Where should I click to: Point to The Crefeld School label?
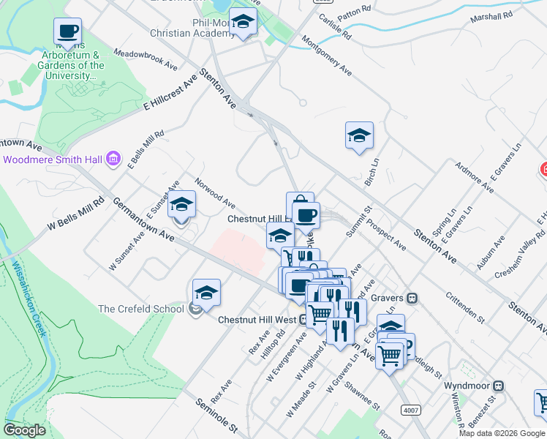point(140,309)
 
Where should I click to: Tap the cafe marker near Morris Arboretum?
point(67,31)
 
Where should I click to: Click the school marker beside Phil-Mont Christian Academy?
point(243,22)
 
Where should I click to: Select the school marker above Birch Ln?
point(359,135)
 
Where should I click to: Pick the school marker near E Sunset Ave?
point(181,204)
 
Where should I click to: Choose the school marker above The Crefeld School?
point(206,292)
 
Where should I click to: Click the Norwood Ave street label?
point(215,192)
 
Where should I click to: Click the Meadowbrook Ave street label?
point(146,60)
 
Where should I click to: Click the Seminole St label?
point(216,414)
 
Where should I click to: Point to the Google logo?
point(24,430)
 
